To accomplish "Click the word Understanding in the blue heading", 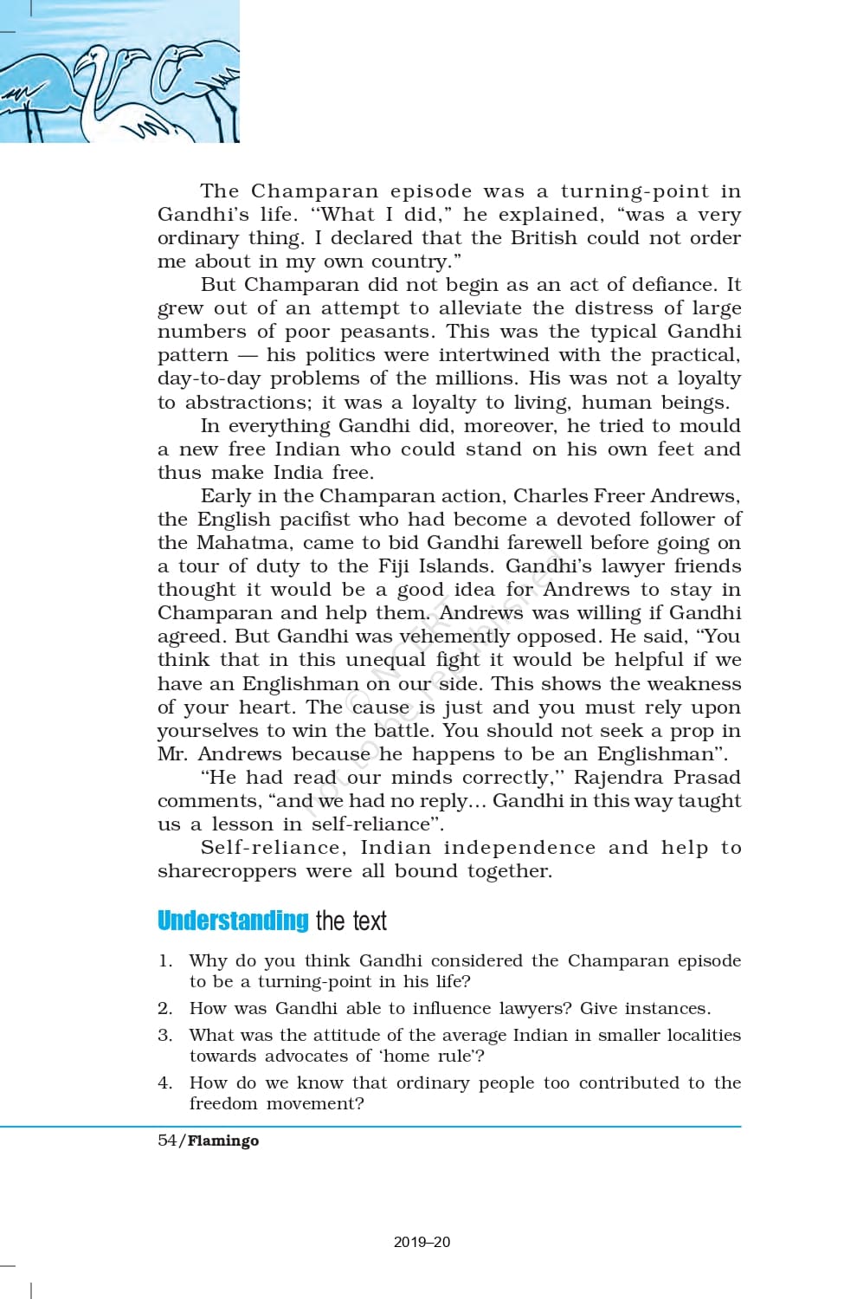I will click(233, 921).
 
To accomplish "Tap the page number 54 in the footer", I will click(167, 1141).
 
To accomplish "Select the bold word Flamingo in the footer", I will click(223, 1141).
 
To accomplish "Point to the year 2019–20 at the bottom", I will click(422, 1242).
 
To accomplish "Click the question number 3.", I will click(164, 1035).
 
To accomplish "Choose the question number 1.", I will click(164, 961).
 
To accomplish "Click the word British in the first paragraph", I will click(543, 238).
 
